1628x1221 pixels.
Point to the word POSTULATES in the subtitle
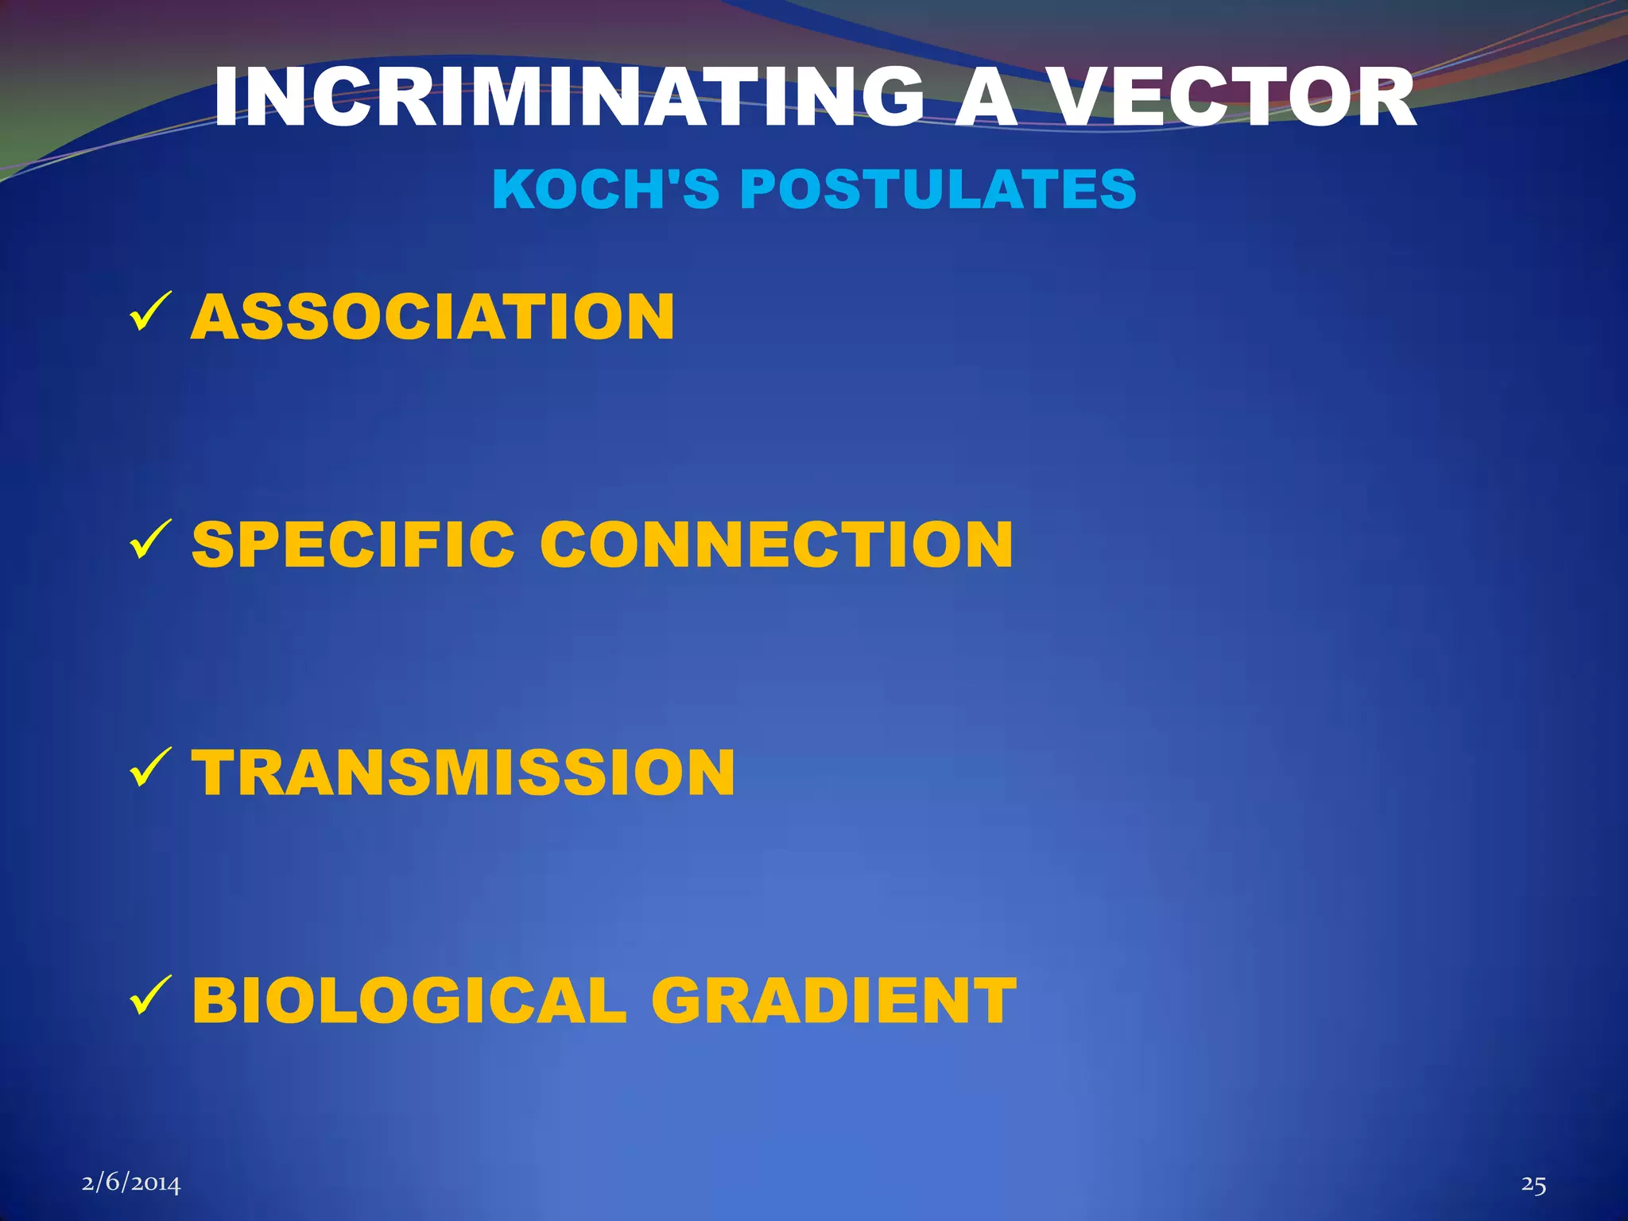point(938,190)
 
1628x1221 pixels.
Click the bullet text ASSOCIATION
point(432,317)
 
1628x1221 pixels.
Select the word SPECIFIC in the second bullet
point(353,545)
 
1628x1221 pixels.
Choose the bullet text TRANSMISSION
point(463,773)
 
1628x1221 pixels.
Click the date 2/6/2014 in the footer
point(131,1184)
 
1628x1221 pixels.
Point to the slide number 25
point(1533,1184)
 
